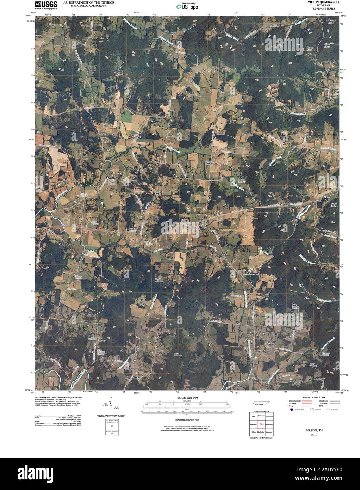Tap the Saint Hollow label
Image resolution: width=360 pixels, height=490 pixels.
tap(334, 204)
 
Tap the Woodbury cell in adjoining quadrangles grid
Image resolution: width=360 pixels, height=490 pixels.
tap(269, 431)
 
